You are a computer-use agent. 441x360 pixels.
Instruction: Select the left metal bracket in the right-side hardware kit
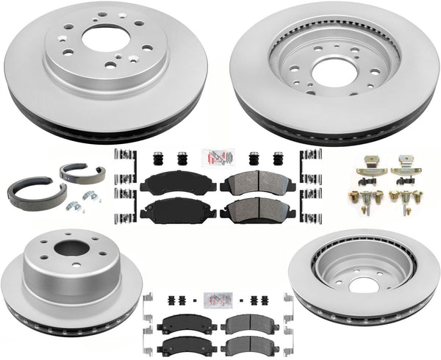tap(368, 169)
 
